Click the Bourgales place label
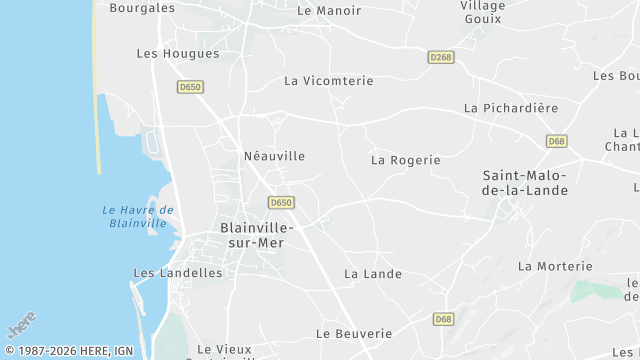click(x=141, y=8)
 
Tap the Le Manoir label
click(x=329, y=11)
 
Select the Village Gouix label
click(x=482, y=12)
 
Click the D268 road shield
click(x=441, y=57)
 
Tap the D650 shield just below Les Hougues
click(x=190, y=87)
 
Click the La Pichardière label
click(x=511, y=107)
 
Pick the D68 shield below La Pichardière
click(x=557, y=141)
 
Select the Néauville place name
click(x=274, y=156)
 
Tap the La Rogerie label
click(x=405, y=159)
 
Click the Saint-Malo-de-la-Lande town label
click(x=525, y=183)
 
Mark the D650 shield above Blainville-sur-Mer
click(x=281, y=203)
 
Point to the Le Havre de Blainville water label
click(x=138, y=216)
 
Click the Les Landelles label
click(x=178, y=272)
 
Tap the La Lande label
click(x=373, y=273)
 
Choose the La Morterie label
click(x=555, y=266)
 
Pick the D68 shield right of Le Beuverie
click(x=444, y=319)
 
